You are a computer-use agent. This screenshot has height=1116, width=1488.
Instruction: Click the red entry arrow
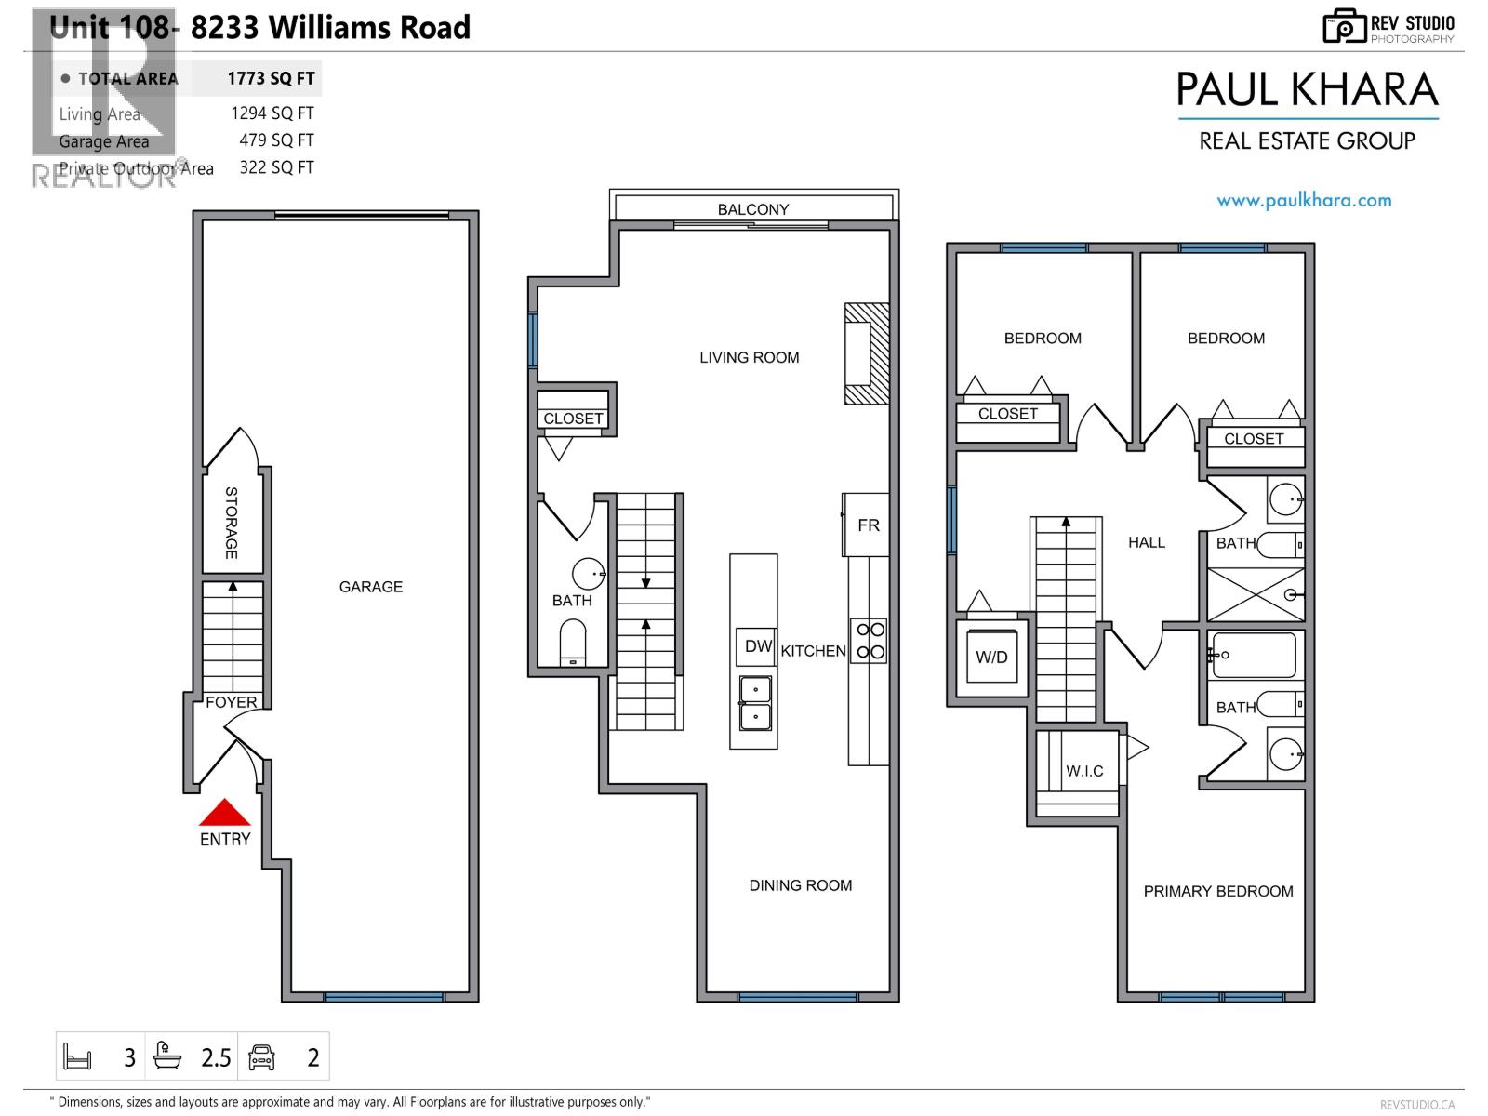224,815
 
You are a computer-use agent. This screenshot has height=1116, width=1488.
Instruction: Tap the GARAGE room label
370,587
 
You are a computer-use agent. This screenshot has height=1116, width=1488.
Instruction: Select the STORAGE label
232,523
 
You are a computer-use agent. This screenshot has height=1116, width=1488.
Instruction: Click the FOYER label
231,702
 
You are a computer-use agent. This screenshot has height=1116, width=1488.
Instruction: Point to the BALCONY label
752,209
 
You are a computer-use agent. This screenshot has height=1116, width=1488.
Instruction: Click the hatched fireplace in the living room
867,353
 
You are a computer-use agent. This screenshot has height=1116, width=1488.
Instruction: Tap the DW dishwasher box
758,646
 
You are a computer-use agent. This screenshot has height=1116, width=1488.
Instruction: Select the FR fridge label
868,525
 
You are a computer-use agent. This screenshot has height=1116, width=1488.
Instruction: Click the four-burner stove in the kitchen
870,641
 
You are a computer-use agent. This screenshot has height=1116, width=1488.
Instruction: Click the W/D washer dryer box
991,657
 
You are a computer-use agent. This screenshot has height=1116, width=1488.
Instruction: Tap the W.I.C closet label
1084,771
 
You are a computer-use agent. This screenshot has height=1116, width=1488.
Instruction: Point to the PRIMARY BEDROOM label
1217,891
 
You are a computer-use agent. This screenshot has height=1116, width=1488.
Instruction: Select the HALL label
1146,542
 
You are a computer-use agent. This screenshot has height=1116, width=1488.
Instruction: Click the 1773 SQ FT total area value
271,79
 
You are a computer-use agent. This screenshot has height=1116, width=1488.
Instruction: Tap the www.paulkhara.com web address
1304,200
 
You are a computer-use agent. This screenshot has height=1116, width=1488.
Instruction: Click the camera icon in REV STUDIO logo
1344,27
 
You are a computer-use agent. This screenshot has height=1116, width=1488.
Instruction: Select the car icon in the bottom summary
262,1057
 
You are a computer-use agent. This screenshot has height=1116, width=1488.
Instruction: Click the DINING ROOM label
800,885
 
